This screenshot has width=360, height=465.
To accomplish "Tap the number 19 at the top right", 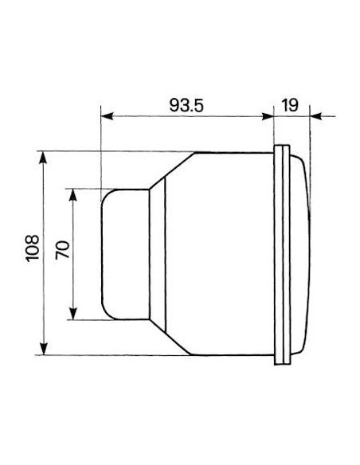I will pos(290,103).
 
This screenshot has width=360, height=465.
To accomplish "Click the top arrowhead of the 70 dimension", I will pos(73,194).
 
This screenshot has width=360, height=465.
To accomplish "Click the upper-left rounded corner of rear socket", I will pos(105,194).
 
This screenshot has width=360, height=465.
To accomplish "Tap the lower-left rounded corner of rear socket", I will pos(105,315).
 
